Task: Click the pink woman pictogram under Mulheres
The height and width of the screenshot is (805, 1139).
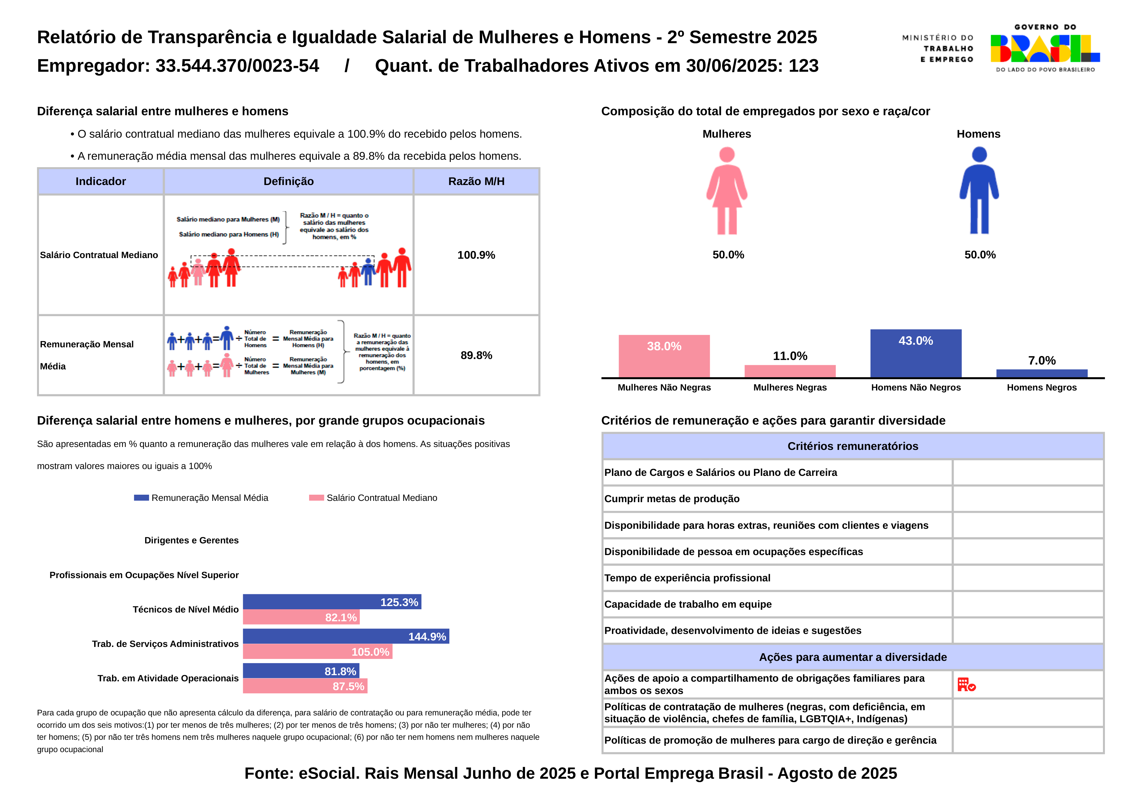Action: tap(727, 191)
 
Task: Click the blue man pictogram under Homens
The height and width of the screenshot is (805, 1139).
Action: tap(979, 191)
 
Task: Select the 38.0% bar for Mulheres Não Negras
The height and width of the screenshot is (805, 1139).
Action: tap(664, 356)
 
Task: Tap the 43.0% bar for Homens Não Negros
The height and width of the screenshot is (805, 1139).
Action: tap(915, 353)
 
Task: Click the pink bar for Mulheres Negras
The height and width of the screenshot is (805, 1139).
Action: tap(790, 371)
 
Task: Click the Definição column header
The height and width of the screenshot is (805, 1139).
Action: tap(289, 181)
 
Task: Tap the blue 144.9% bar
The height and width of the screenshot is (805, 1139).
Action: tap(346, 636)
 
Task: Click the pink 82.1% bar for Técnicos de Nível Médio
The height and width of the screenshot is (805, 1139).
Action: tap(301, 617)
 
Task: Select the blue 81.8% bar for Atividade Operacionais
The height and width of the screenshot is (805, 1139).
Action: tap(301, 671)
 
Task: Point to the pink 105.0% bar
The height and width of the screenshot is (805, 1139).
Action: tap(318, 652)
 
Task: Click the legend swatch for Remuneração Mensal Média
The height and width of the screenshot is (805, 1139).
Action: tap(141, 498)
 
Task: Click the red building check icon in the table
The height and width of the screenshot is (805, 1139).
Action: tap(966, 685)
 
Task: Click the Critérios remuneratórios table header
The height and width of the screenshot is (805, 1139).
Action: tap(853, 446)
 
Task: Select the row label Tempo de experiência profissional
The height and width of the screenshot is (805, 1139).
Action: tap(687, 578)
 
